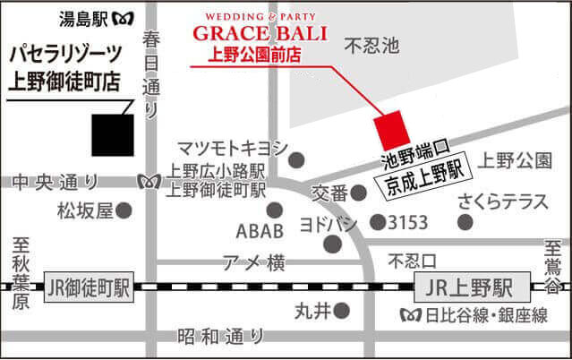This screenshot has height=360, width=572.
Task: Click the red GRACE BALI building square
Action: (391, 133)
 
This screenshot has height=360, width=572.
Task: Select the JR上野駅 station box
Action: (465, 288)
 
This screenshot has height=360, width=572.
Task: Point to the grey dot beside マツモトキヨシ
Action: (297, 159)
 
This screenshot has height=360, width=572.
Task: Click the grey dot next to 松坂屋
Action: (125, 210)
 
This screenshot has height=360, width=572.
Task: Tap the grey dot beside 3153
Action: (379, 221)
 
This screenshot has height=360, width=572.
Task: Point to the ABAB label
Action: (260, 232)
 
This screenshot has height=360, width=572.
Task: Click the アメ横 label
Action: (252, 262)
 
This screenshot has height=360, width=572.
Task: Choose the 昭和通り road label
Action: (220, 337)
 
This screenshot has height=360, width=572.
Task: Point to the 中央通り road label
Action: (55, 182)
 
